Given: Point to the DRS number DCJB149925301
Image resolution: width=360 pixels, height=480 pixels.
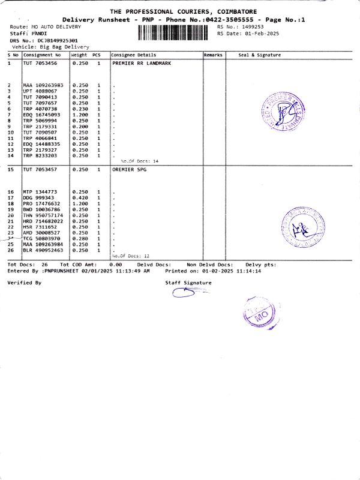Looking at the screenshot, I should click(57, 40).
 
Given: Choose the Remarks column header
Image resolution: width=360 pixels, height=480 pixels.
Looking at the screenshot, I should click(213, 55).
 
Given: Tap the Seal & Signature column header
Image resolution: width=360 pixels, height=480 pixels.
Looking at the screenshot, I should click(259, 55).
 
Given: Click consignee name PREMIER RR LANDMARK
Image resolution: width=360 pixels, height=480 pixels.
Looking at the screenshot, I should click(142, 62).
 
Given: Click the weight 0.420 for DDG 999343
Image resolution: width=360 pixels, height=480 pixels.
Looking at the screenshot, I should click(80, 197).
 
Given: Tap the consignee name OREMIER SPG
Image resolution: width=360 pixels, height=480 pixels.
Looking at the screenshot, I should click(129, 170).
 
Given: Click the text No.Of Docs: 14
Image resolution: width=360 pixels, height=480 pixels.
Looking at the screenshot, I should click(139, 161).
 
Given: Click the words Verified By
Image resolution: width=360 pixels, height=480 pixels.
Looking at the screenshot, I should click(24, 282).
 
